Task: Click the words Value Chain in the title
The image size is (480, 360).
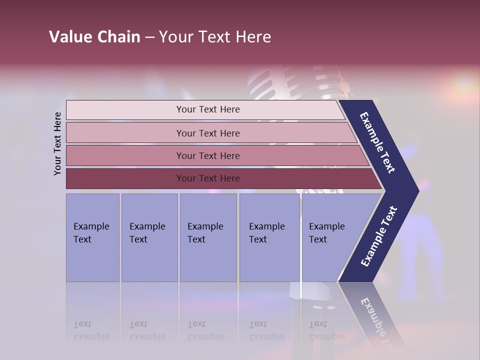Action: [94, 37]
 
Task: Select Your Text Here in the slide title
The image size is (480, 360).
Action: [215, 37]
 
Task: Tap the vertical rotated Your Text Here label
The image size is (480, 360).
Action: [58, 143]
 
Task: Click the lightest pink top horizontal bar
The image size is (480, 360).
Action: [207, 109]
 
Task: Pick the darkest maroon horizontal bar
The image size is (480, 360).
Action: [207, 178]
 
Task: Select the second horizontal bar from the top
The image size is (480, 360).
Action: [207, 133]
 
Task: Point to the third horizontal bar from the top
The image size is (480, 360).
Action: [207, 155]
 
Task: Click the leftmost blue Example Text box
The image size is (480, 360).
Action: [92, 237]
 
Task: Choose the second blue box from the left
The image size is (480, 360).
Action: [149, 237]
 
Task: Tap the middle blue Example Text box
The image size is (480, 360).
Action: [208, 237]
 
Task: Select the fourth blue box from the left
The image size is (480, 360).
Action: [269, 237]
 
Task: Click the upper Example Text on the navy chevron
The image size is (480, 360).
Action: [378, 143]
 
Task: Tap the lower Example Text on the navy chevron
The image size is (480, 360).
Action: [379, 236]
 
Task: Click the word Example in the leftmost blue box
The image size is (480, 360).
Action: [91, 226]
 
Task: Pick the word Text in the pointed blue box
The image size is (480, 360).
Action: [317, 239]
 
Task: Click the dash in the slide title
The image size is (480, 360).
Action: [149, 37]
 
